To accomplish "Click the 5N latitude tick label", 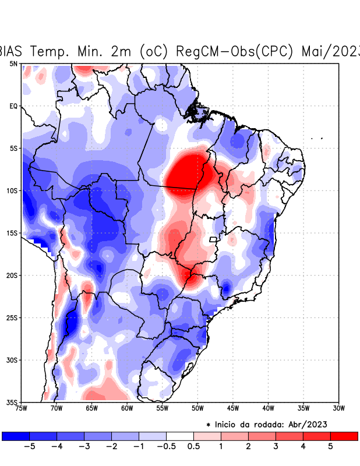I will pos(13,63).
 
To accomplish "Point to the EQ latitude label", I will pos(13,106).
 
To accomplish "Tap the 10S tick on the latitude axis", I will pos(12,190).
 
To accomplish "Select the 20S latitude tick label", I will pos(12,276).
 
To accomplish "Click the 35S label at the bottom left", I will pos(12,403).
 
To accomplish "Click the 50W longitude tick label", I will pos(197,408).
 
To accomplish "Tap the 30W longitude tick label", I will pos(338,408).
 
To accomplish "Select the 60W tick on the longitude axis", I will pos(126,408).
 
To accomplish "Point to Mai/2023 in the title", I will pos(330,51).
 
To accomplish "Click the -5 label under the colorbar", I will pos(30,446).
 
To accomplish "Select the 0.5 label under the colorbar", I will pos(193,446).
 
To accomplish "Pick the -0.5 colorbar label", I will pos(167,446).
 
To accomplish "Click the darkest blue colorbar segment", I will pos(16,436).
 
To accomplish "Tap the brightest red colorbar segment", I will pos(344,436).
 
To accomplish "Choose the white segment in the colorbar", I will pos(180,436).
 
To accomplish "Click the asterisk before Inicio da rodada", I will pos(209,425).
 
